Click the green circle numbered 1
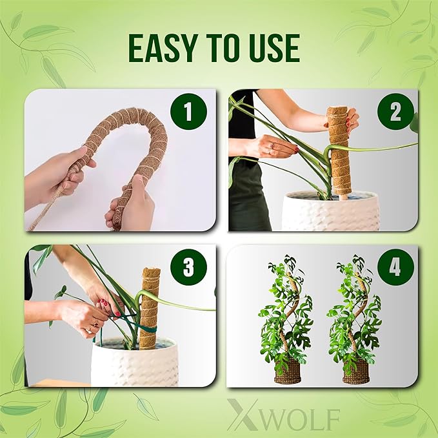188,111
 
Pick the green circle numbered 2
395,111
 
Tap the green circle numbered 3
188,267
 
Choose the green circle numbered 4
395,267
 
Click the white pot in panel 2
330,211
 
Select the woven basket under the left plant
288,371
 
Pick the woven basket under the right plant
356,371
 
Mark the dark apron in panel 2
248,196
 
